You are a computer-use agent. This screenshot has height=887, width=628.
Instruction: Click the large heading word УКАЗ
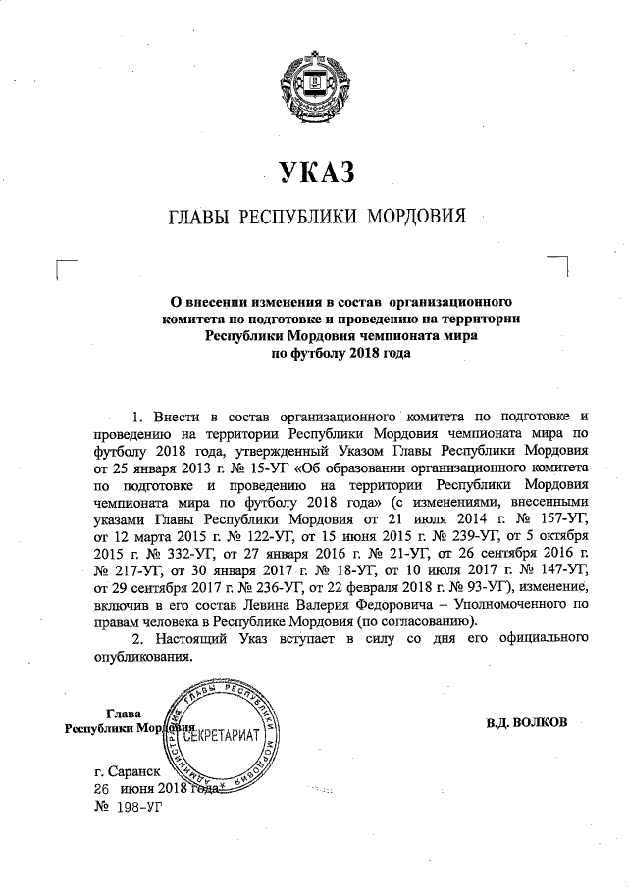coord(314,174)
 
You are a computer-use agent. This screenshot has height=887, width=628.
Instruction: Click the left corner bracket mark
coord(66,268)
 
